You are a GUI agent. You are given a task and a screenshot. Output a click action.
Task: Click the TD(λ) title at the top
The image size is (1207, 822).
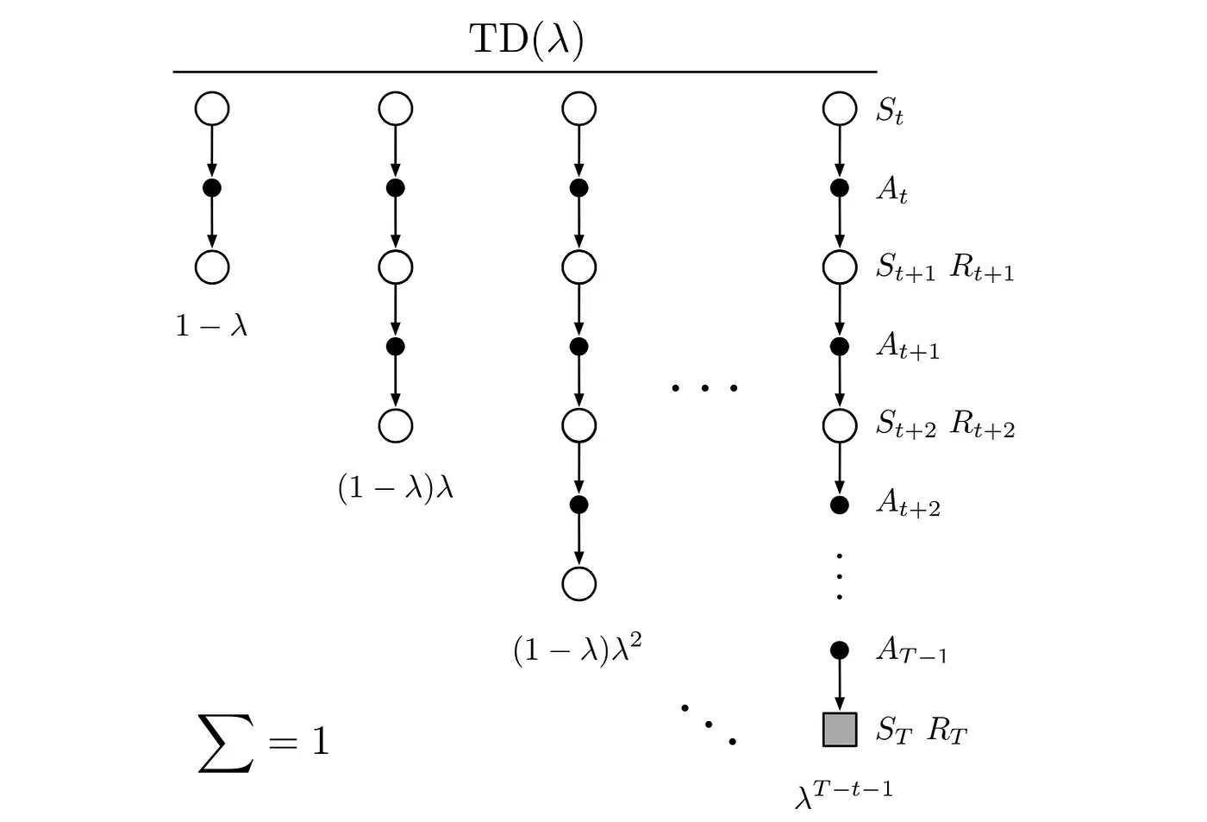coord(526,39)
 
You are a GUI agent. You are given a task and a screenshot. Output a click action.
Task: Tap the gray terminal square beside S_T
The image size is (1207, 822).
coord(840,729)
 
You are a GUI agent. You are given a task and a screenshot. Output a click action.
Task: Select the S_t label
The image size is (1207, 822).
coord(890,110)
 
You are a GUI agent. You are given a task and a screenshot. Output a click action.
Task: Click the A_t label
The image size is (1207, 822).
coord(891,189)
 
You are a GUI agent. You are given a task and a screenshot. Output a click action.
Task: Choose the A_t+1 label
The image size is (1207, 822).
coord(908,346)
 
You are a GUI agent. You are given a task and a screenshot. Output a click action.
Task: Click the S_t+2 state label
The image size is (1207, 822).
coord(906,424)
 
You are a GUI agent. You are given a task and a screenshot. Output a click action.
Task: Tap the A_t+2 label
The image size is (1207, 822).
coord(908,502)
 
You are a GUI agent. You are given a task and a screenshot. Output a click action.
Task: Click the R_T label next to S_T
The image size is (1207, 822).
coord(947,731)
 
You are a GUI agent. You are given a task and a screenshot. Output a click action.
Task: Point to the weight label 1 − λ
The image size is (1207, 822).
coord(211,325)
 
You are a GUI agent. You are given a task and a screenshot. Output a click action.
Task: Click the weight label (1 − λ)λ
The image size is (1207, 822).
coord(396,488)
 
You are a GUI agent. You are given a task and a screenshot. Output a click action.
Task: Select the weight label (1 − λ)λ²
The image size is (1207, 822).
coord(577,649)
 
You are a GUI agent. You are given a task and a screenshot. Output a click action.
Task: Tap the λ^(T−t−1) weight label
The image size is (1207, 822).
coord(843,793)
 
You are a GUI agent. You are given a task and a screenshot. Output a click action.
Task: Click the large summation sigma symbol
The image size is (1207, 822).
coord(226,743)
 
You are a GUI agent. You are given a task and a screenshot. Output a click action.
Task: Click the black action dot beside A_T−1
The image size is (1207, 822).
coord(840,649)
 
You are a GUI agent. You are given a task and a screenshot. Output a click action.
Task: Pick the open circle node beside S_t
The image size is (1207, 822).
coord(840,110)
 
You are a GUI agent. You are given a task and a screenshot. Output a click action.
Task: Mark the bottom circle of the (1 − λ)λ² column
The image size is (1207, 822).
coord(578,583)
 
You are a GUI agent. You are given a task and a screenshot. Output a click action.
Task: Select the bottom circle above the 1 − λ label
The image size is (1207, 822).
coord(212,267)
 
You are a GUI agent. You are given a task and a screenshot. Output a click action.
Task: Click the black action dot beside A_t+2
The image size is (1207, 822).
coord(840,505)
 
